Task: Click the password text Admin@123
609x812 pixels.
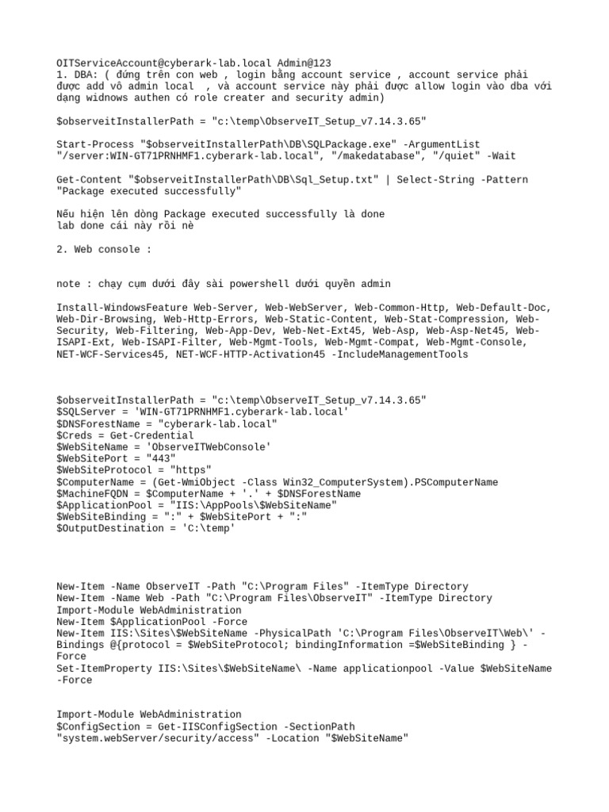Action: pos(304,63)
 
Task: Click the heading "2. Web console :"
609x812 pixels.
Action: pos(104,249)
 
